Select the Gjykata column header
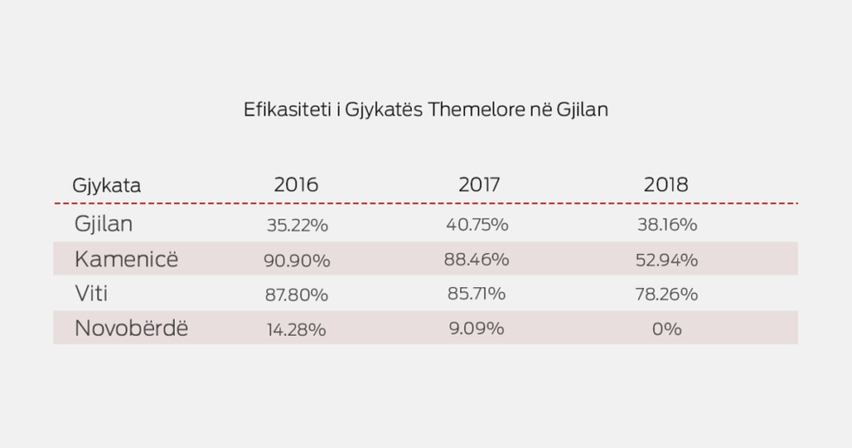pos(107,185)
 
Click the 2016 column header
pos(296,185)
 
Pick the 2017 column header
pos(480,185)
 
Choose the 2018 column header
pos(666,185)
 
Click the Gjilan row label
pos(103,224)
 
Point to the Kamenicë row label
pos(126,259)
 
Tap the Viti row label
pos(91,294)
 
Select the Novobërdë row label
pos(131,329)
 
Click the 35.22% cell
pos(296,225)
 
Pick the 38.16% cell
pos(667,224)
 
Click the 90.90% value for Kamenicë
pos(296,260)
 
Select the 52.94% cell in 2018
pos(667,259)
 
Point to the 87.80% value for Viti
pos(296,295)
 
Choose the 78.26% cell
pos(667,294)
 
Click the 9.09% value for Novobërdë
pos(476,329)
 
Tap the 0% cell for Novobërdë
pos(667,329)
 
